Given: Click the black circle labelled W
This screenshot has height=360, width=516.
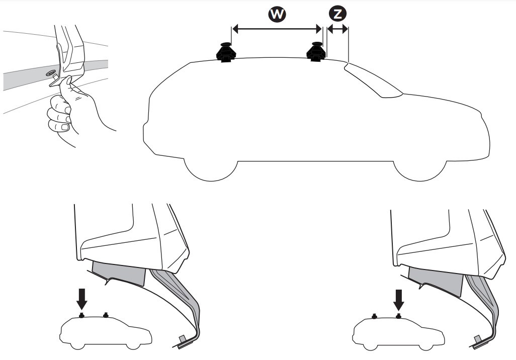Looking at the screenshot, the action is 277,14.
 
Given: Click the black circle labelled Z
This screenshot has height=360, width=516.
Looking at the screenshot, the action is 337,14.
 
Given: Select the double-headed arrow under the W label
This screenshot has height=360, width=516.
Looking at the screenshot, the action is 277,29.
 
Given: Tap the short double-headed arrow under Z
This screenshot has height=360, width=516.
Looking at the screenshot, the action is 337,29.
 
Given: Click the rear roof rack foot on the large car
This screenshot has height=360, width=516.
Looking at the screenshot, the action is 224,52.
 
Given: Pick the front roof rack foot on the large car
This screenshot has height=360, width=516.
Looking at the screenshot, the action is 316,52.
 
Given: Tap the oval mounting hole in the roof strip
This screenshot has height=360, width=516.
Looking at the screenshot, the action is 51,73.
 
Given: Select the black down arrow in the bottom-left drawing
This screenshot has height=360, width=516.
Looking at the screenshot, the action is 81,299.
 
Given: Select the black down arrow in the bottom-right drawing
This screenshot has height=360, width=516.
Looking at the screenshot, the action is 399,300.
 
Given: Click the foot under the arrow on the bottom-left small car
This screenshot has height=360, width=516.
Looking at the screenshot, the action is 81,316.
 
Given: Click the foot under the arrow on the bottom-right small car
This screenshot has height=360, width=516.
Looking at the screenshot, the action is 398,317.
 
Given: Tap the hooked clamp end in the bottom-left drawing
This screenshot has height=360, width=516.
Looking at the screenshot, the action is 184,342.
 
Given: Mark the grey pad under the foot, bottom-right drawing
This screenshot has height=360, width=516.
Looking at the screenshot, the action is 436,280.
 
